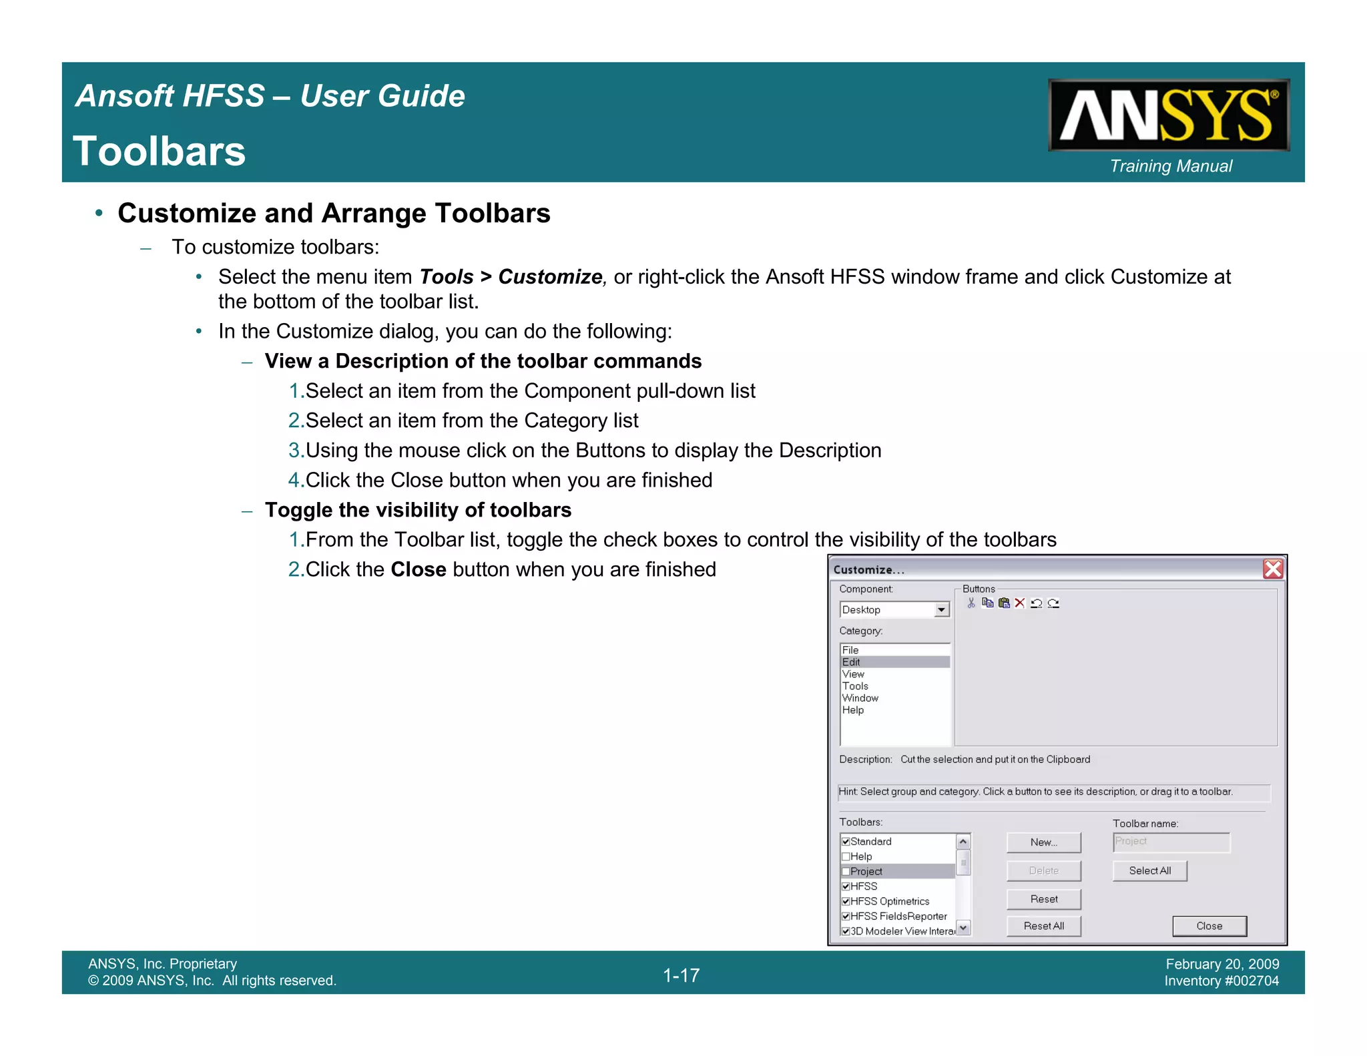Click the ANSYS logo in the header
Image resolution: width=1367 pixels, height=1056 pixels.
pyautogui.click(x=1168, y=115)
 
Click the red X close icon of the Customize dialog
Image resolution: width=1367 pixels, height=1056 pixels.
pyautogui.click(x=1272, y=569)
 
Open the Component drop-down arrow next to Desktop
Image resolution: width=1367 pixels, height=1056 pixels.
pyautogui.click(x=941, y=609)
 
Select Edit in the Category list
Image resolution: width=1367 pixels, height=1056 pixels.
pyautogui.click(x=852, y=662)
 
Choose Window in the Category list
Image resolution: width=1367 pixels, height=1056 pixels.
pyautogui.click(x=860, y=698)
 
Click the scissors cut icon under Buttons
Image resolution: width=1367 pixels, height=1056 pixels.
pyautogui.click(x=971, y=603)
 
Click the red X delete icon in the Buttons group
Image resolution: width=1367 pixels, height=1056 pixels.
pyautogui.click(x=1020, y=603)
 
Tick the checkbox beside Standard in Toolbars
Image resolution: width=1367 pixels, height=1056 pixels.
pyautogui.click(x=846, y=842)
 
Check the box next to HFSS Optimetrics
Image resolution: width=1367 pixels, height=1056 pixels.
pyautogui.click(x=846, y=901)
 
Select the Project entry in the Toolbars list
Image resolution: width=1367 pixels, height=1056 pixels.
pyautogui.click(x=866, y=871)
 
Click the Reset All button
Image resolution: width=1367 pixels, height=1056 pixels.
pyautogui.click(x=1043, y=926)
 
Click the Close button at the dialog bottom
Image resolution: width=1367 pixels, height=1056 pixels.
pyautogui.click(x=1209, y=926)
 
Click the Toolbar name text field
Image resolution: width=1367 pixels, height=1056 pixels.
pyautogui.click(x=1171, y=842)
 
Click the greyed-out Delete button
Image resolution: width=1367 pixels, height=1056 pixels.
pyautogui.click(x=1043, y=870)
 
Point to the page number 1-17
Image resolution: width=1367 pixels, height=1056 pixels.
pyautogui.click(x=681, y=975)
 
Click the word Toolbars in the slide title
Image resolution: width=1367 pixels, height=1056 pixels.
pyautogui.click(x=160, y=151)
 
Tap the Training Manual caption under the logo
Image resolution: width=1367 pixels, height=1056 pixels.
pyautogui.click(x=1171, y=166)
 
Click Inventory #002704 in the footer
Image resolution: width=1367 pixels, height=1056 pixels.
pyautogui.click(x=1221, y=981)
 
